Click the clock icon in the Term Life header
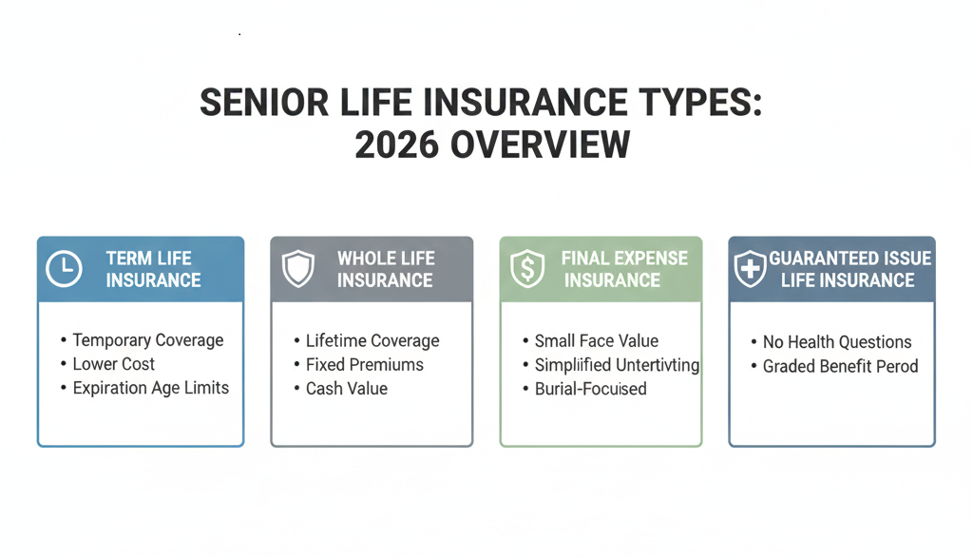tap(64, 270)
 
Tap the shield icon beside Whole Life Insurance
tap(297, 270)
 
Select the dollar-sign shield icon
tap(527, 270)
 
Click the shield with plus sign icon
tap(751, 270)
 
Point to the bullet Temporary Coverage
tap(147, 340)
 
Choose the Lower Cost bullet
tap(113, 364)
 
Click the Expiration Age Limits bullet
tap(150, 388)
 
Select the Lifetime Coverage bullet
tap(372, 340)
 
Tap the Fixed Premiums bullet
tap(364, 364)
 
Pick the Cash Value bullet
tap(346, 388)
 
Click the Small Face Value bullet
tap(596, 340)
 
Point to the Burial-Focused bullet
tap(590, 389)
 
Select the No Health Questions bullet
tap(836, 342)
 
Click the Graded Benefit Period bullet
tap(840, 366)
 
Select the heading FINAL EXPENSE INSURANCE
tap(611, 269)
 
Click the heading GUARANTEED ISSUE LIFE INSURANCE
tap(849, 269)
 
